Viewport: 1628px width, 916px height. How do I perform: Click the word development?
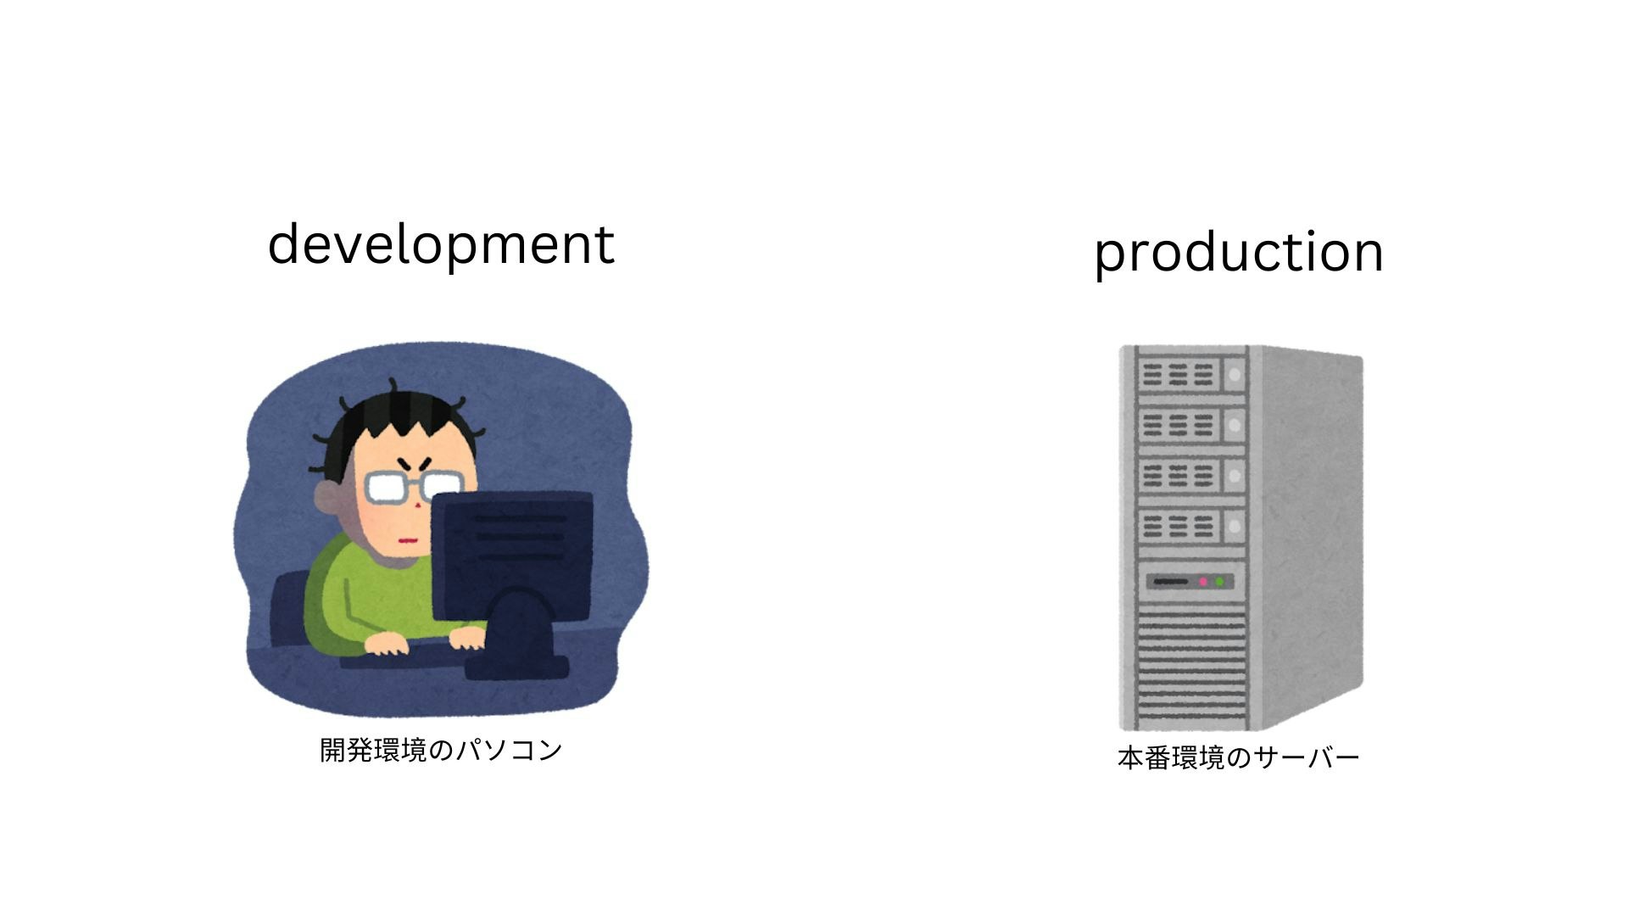click(441, 244)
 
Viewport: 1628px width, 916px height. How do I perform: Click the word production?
click(1239, 253)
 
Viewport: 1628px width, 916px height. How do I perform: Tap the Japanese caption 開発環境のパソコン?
click(441, 750)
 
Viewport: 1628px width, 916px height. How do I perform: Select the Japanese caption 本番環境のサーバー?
click(1238, 757)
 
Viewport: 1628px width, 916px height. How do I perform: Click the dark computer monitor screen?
click(512, 556)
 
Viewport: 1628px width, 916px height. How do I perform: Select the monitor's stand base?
click(516, 667)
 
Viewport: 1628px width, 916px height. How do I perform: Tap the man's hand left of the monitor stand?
click(386, 644)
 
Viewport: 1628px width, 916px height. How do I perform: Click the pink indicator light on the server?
click(1202, 582)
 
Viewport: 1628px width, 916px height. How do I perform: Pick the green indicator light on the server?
click(1219, 582)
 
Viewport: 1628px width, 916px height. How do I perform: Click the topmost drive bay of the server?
click(1191, 374)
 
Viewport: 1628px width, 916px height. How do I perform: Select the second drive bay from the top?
click(1191, 425)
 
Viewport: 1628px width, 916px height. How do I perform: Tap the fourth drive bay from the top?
click(1191, 527)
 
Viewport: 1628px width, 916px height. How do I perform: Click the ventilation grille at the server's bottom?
click(1190, 670)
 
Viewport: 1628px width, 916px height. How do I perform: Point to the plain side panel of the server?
click(1310, 534)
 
